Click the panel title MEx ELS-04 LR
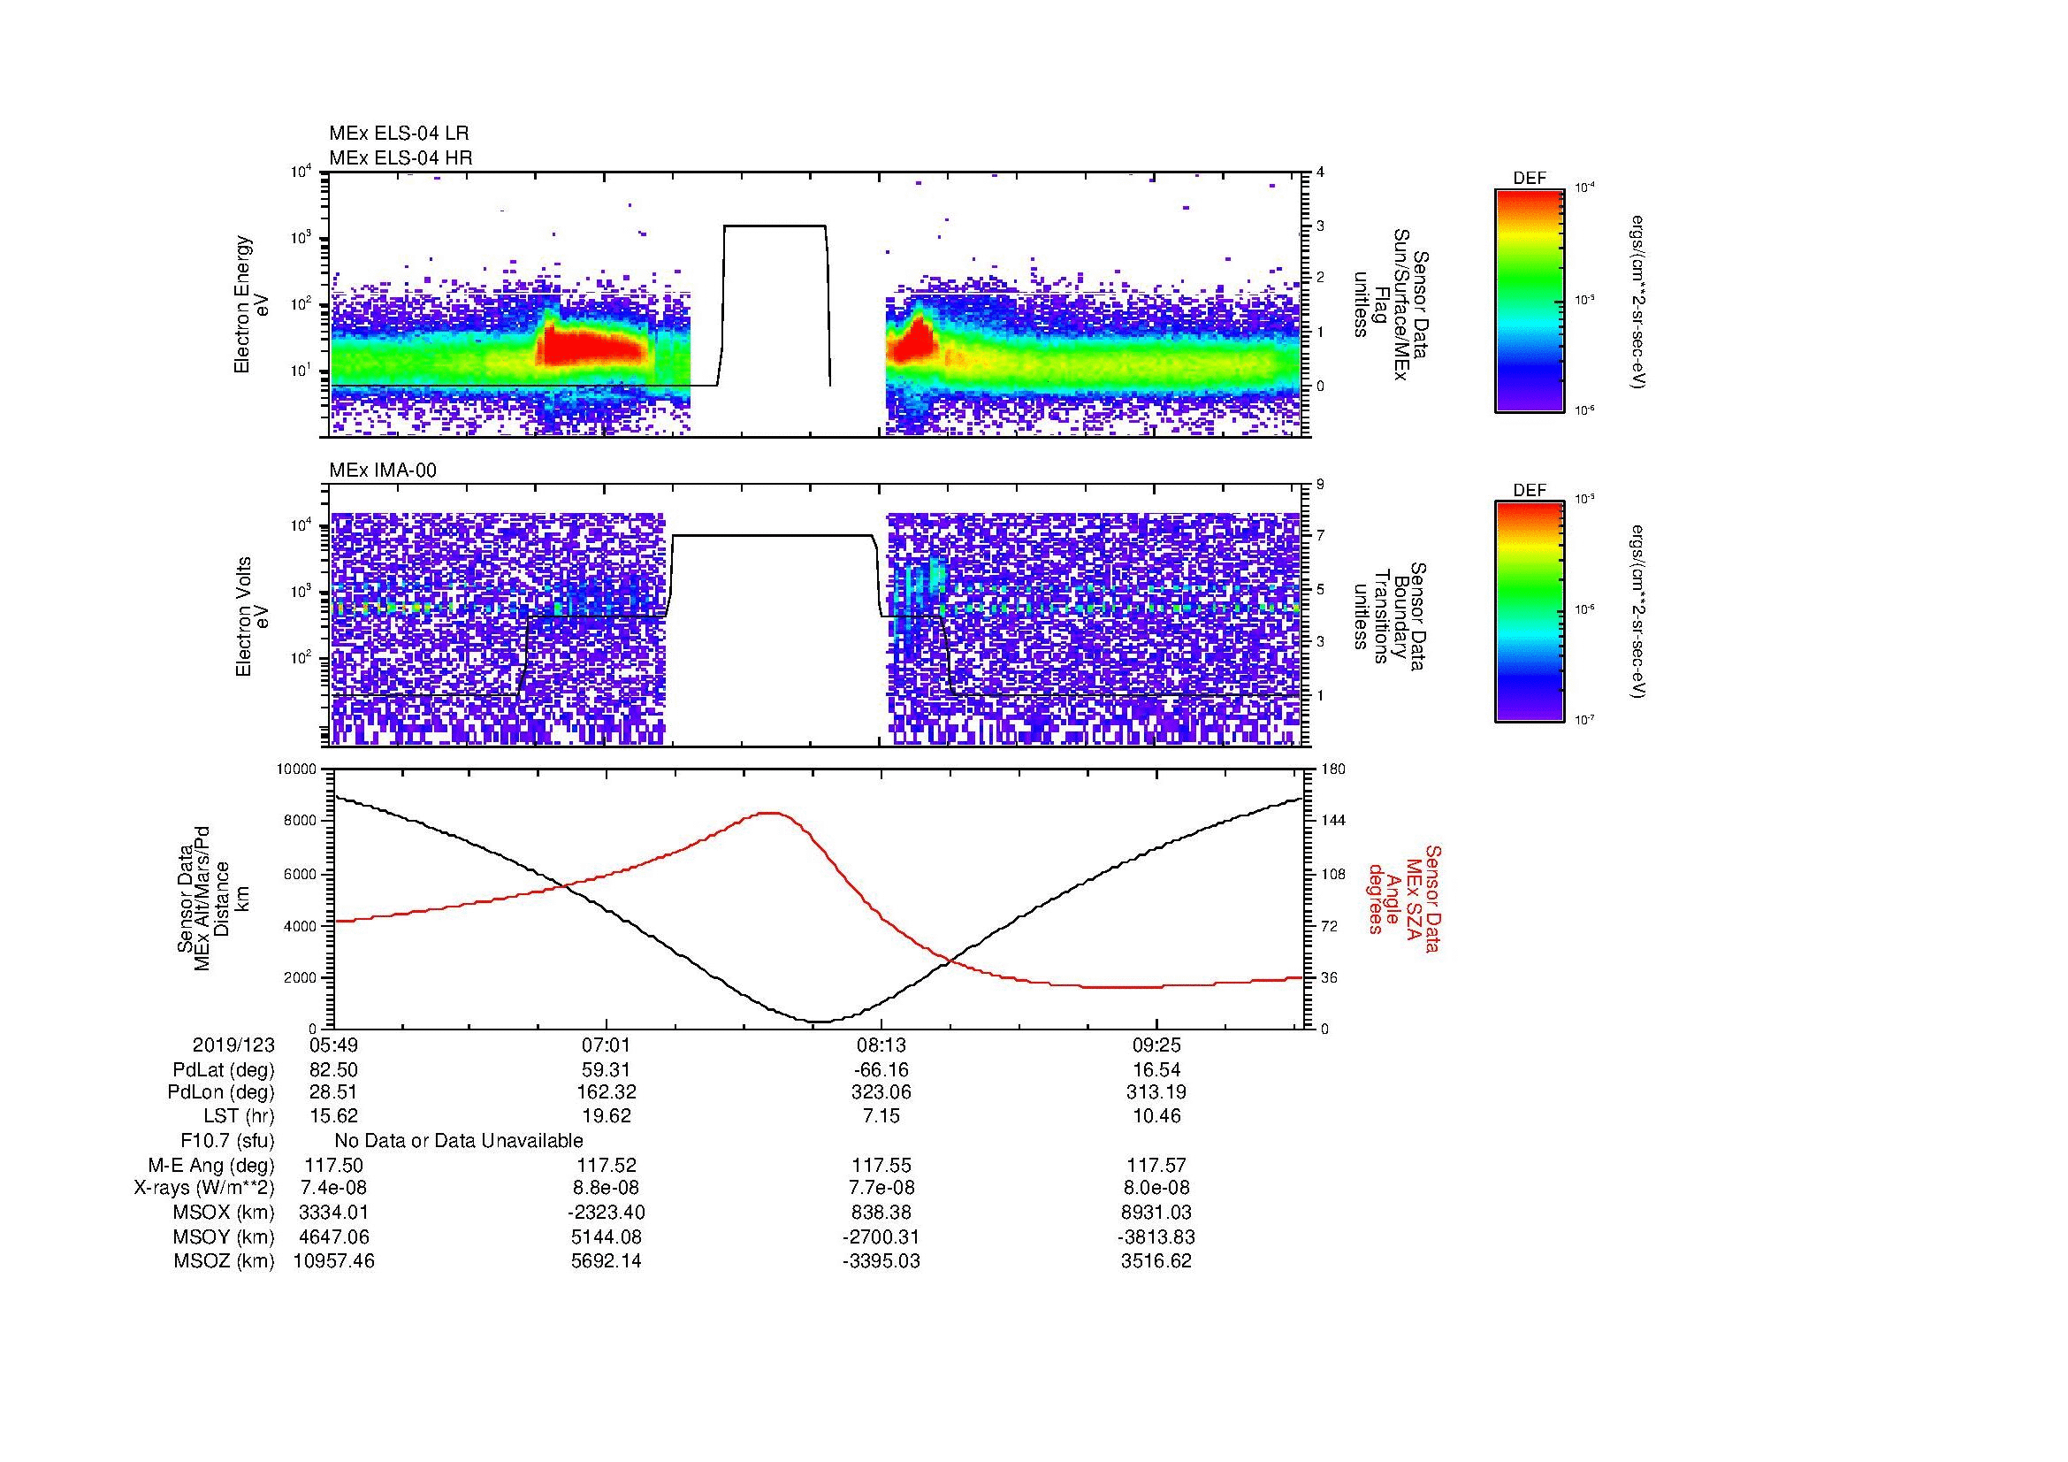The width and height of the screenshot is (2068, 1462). coord(398,134)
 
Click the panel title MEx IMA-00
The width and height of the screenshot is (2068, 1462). coord(383,471)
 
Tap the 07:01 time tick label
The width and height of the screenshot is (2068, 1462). coord(607,1045)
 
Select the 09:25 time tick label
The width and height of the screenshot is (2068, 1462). coord(1156,1045)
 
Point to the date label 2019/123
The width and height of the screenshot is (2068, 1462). coord(233,1045)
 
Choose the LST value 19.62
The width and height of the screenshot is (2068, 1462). coord(607,1116)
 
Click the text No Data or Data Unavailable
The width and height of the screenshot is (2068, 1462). coord(459,1140)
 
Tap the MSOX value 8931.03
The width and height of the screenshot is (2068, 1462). coord(1156,1213)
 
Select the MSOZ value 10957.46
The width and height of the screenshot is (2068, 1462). coord(333,1261)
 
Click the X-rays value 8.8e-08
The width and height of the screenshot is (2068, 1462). coord(607,1189)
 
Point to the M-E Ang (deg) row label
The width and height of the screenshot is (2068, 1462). coord(211,1166)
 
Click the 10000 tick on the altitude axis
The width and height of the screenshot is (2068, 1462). coord(296,769)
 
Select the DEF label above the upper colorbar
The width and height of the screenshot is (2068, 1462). coord(1530,179)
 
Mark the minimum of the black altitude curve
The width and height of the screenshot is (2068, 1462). coord(818,1022)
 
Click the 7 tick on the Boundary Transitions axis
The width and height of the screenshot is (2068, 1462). coord(1320,536)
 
